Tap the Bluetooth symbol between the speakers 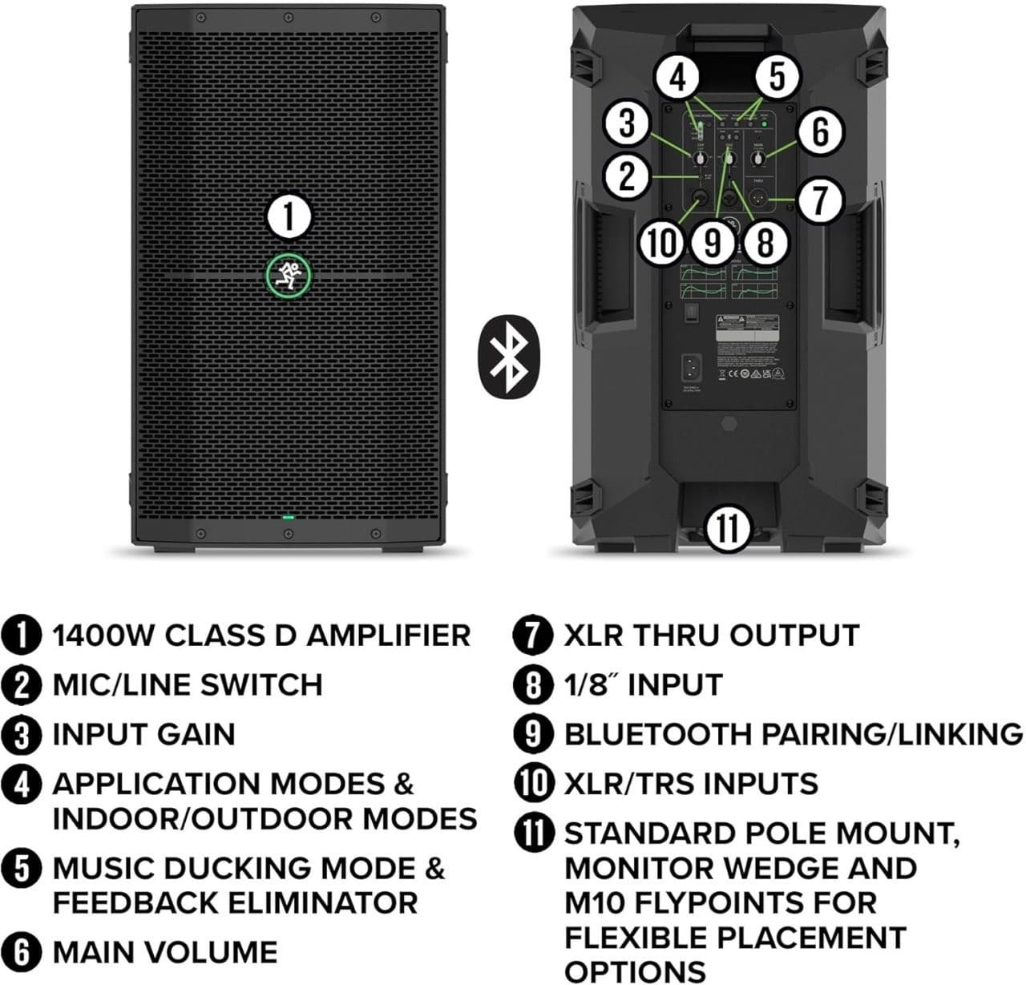tap(508, 355)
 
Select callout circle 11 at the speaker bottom tap(729, 529)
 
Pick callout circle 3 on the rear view tap(628, 124)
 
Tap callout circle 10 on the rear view tap(661, 242)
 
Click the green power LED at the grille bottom tap(289, 518)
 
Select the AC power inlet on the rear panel tap(692, 369)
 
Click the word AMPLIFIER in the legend tap(389, 636)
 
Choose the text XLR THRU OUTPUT tap(711, 636)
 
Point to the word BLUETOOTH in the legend tap(650, 734)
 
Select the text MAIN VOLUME tap(164, 952)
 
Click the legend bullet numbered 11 tap(533, 834)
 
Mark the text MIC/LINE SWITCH tap(187, 685)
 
